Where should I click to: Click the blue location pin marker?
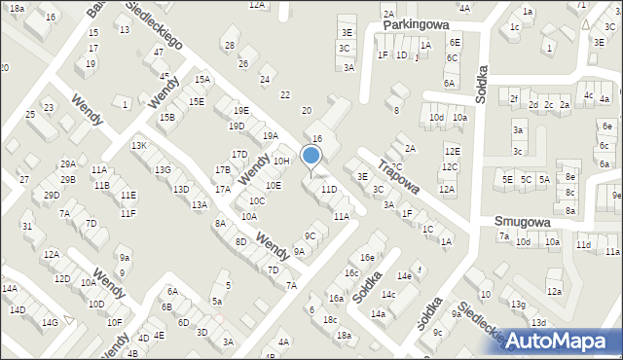click(x=311, y=157)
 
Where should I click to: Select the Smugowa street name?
click(x=523, y=222)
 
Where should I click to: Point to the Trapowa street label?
click(x=398, y=176)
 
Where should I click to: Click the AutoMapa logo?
click(x=558, y=340)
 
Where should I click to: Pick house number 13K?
click(x=139, y=145)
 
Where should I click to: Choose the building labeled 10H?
click(x=281, y=161)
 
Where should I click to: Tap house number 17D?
click(x=238, y=154)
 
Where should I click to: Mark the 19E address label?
click(x=240, y=110)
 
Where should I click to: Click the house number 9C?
click(x=311, y=235)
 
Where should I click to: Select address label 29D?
click(x=52, y=195)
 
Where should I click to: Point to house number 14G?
click(x=50, y=322)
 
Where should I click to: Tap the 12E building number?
click(x=452, y=151)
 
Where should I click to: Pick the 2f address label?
click(x=513, y=98)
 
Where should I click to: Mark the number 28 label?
click(x=229, y=46)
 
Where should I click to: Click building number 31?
click(x=27, y=226)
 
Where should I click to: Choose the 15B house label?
click(x=167, y=117)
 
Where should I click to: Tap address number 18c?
click(x=330, y=319)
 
